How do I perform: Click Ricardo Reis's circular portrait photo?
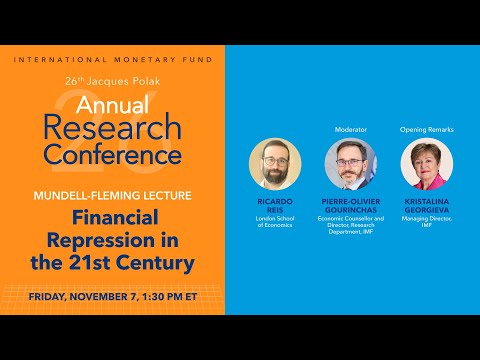click(x=274, y=164)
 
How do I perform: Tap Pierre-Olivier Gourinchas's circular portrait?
click(x=350, y=164)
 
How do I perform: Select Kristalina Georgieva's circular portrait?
click(x=426, y=164)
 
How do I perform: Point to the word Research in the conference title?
click(x=111, y=128)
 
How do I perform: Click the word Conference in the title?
click(x=111, y=154)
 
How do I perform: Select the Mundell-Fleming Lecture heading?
click(x=112, y=195)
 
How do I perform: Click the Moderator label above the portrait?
click(x=350, y=129)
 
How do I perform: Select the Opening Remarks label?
click(x=426, y=129)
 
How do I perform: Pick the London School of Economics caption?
click(x=274, y=223)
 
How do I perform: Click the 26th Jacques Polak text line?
click(x=112, y=80)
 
